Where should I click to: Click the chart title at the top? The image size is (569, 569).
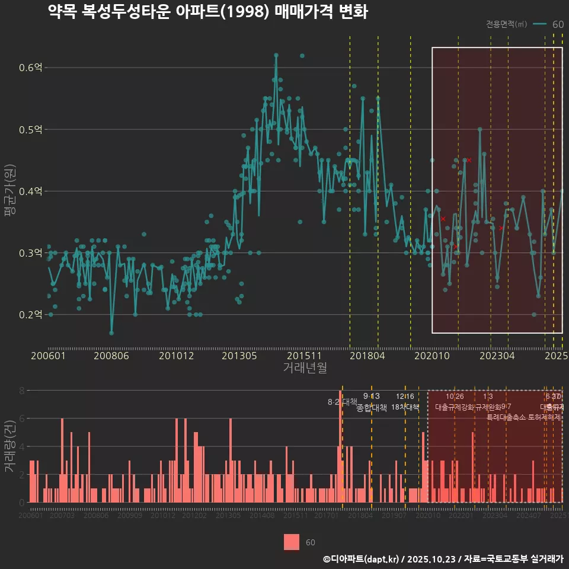point(207,12)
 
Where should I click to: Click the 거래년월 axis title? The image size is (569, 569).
point(305,368)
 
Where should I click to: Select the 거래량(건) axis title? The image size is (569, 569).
point(9,446)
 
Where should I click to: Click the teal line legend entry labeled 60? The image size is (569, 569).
point(549,24)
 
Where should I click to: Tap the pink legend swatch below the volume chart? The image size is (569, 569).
point(291,542)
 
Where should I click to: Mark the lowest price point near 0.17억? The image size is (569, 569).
point(111,333)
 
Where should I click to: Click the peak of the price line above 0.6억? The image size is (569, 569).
point(276,55)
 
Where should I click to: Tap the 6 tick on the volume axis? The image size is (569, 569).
point(22,418)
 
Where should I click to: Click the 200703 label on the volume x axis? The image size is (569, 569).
point(62,516)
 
